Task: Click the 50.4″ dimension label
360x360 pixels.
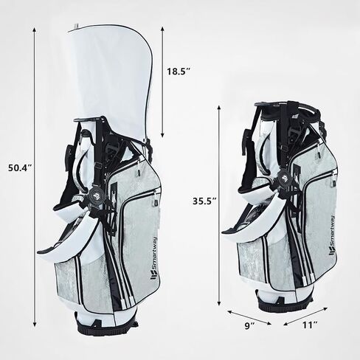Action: (20, 168)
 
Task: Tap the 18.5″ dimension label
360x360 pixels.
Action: (179, 72)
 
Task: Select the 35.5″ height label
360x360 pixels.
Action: (204, 201)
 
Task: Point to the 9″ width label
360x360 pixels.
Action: (249, 325)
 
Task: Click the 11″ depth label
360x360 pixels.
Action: (309, 325)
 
